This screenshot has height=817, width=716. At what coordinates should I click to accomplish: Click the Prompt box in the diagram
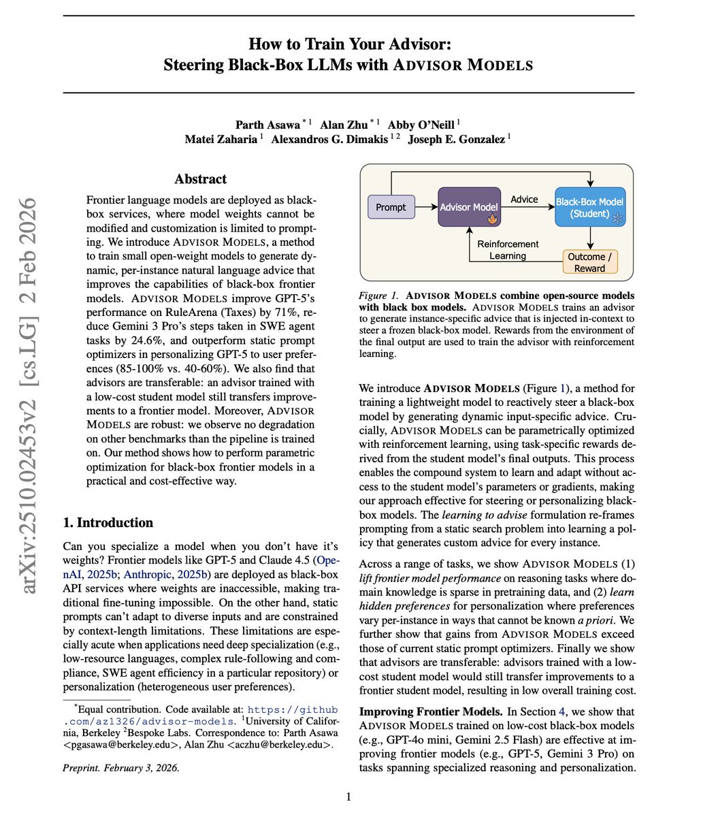pos(391,207)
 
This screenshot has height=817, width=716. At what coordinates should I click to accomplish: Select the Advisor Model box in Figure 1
pos(469,207)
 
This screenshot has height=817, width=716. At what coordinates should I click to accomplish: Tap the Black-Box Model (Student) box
pos(589,207)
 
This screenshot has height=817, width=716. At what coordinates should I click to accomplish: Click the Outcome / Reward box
pos(589,262)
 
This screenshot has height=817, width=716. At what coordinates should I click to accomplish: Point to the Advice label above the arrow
pos(524,199)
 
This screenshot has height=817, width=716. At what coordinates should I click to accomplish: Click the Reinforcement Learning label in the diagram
pos(508,250)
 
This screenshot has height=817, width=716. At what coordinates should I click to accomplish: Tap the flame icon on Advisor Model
pos(491,219)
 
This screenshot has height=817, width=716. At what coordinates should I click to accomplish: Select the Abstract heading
pos(201,179)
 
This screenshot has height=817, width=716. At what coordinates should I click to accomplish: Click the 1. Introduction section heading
pos(108,522)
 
